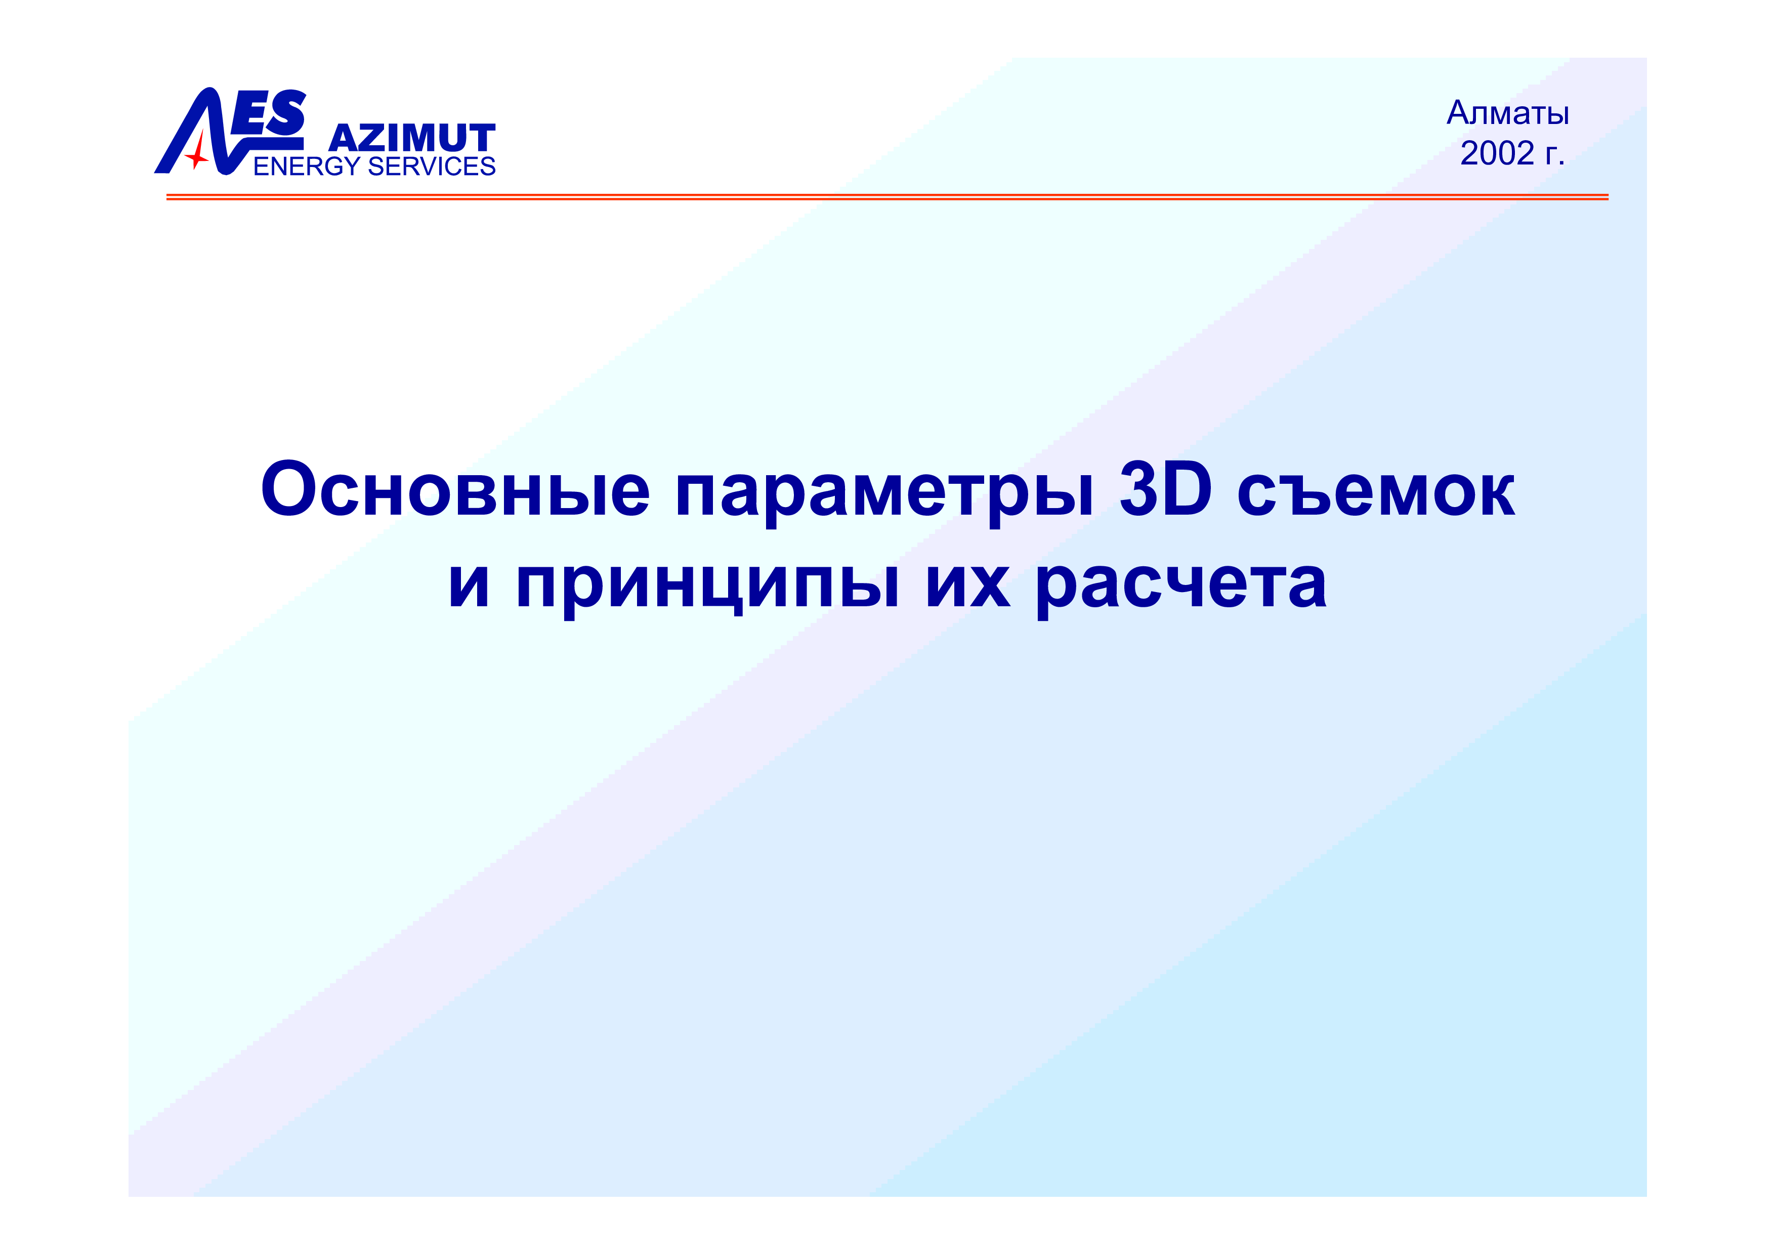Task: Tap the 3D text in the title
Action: click(1165, 489)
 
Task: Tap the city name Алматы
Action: click(1507, 113)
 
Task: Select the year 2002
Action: click(1497, 153)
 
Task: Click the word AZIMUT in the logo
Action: click(412, 139)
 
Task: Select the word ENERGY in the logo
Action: click(307, 166)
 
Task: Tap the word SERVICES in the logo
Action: click(432, 166)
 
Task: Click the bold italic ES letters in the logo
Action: click(269, 113)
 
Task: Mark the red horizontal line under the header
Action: click(887, 197)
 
